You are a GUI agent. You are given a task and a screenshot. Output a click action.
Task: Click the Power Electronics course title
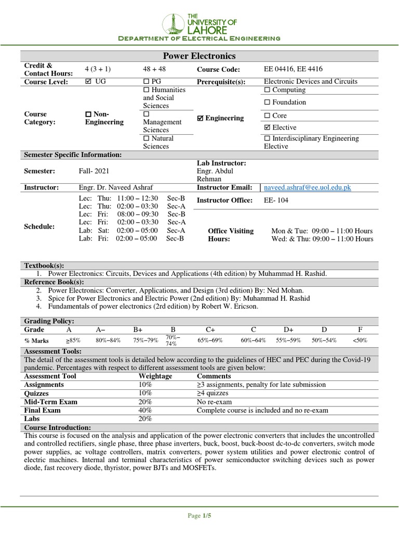[199, 56]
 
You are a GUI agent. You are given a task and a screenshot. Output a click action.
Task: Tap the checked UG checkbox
[87, 82]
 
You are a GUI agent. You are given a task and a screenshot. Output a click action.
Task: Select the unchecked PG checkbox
[146, 82]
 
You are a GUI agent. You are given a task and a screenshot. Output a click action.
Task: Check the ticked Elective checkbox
[268, 128]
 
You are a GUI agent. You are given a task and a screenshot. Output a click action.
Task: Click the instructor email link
[308, 187]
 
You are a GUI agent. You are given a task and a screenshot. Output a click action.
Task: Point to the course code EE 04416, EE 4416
[296, 69]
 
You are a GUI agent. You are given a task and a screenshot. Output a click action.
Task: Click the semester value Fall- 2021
[94, 171]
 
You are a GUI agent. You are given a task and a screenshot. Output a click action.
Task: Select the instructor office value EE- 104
[276, 200]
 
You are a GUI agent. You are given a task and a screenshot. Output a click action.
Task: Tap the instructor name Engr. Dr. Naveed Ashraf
[116, 187]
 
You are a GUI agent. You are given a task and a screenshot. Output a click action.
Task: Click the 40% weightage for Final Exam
[145, 410]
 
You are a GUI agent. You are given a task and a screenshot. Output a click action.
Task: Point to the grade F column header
[360, 329]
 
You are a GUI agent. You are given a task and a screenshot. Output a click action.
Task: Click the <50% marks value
[360, 340]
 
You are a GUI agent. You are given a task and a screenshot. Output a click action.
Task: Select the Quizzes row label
[37, 393]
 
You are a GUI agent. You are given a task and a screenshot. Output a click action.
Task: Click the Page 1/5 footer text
[199, 515]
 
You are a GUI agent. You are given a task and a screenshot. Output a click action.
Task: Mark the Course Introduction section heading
[57, 427]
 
